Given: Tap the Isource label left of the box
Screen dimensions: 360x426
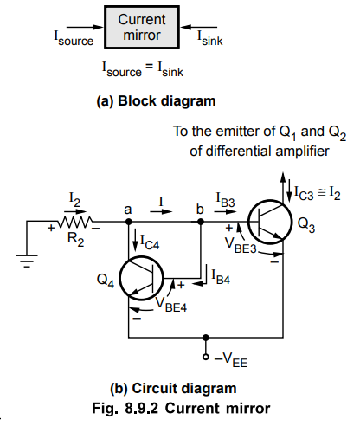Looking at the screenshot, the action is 74,38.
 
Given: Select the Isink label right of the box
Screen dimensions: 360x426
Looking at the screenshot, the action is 209,38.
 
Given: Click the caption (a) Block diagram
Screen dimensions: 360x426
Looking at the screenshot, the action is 156,101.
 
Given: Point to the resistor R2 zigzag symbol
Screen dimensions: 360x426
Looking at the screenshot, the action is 75,222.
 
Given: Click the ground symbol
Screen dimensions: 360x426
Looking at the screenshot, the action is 27,261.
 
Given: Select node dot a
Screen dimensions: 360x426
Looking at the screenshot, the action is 129,222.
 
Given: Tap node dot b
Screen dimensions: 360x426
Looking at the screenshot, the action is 201,222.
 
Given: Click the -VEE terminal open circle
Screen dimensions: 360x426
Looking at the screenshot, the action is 206,357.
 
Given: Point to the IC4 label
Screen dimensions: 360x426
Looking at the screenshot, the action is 150,242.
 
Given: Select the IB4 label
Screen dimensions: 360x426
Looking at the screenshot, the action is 221,276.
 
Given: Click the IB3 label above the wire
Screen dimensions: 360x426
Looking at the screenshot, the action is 226,200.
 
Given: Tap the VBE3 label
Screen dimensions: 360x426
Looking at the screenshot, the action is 241,246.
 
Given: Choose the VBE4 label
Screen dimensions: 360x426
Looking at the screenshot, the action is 171,305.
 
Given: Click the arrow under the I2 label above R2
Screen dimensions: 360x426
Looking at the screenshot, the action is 75,211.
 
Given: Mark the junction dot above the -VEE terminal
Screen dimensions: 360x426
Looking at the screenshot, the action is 206,338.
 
